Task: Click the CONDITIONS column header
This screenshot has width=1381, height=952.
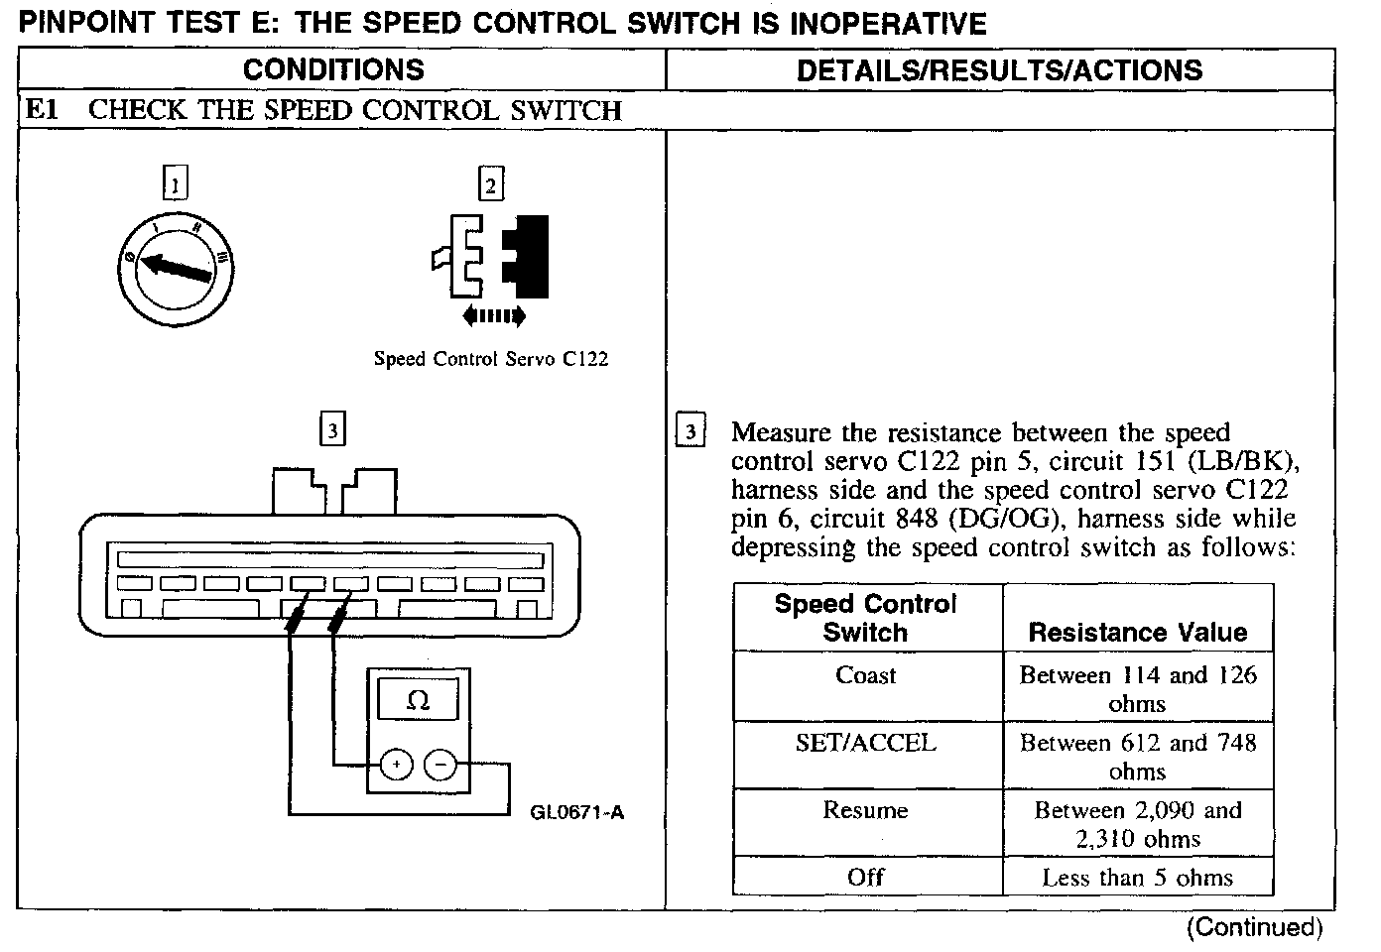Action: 333,69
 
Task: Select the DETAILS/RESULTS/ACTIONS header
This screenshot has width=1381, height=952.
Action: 999,69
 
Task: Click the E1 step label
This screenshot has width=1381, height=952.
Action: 42,110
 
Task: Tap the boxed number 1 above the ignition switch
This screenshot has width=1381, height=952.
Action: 175,184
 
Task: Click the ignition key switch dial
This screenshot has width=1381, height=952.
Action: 175,269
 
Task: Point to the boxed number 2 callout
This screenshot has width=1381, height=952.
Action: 491,184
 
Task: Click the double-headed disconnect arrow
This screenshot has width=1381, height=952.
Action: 493,316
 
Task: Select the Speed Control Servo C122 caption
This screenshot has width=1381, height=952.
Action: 490,359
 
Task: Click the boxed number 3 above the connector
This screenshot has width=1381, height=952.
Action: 332,430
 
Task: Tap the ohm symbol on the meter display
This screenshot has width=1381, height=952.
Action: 418,701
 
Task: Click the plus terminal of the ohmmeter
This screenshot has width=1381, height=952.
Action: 396,765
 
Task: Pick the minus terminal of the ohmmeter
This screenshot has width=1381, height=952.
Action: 440,765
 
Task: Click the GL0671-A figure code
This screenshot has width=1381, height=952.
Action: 577,813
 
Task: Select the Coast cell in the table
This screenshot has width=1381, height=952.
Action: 866,676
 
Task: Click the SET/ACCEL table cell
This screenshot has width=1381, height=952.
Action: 866,743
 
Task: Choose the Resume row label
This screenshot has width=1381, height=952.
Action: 866,810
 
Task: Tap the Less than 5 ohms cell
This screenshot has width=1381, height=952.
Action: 1137,878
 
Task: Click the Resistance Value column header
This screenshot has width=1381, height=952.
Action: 1137,632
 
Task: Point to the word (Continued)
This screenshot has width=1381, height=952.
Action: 1254,927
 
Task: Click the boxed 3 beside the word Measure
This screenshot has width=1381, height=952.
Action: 690,432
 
